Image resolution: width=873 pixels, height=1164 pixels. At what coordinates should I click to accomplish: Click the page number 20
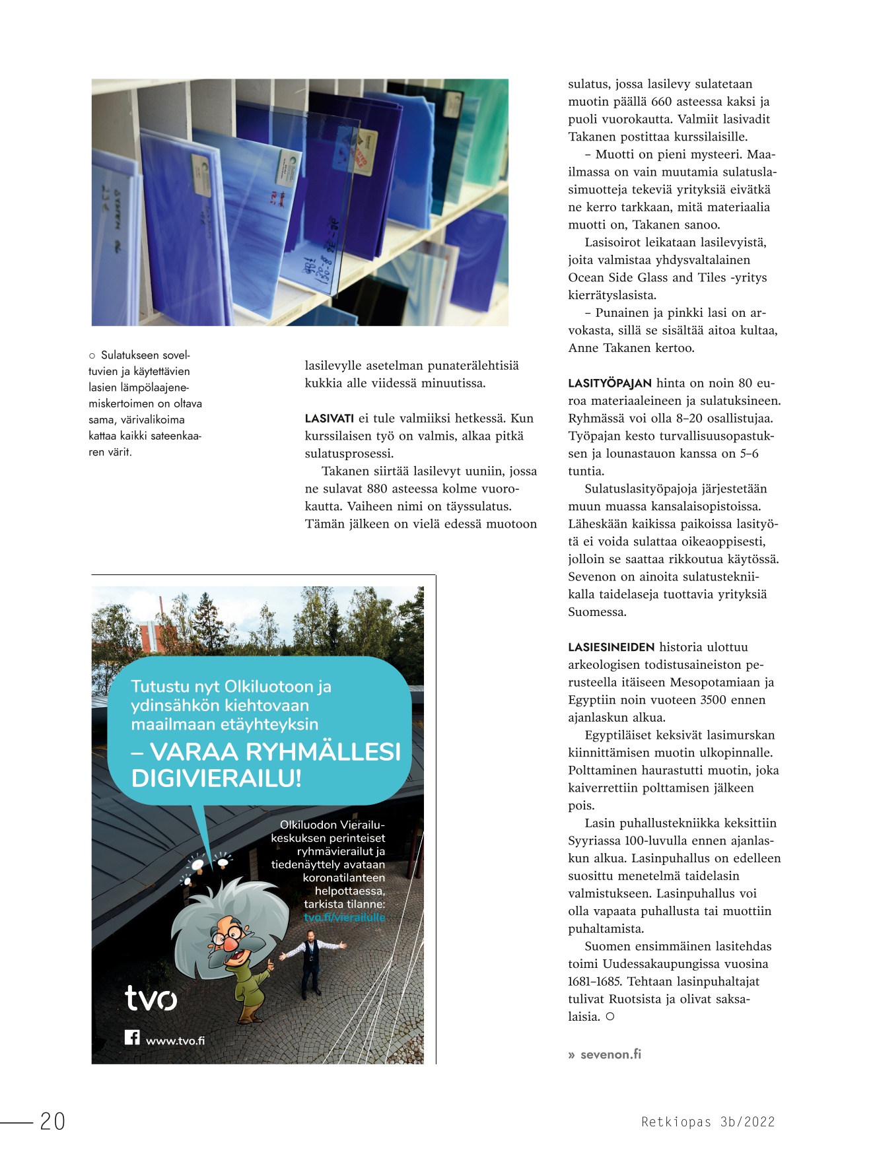[x=52, y=1121]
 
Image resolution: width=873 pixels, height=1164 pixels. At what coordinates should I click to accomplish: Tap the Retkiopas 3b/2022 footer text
[x=708, y=1122]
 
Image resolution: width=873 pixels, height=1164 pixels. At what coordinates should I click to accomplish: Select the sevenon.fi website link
[x=610, y=1054]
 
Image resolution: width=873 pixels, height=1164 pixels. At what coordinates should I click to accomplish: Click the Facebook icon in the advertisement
[x=132, y=1037]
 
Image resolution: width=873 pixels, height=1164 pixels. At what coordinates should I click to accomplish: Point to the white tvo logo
[x=151, y=998]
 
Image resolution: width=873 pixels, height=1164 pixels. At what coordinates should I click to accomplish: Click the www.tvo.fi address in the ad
[x=175, y=1041]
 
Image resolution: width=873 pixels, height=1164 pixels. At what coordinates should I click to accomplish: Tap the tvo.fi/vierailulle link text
[x=344, y=917]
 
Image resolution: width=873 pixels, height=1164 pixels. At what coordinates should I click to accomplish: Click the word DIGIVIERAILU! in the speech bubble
[x=217, y=778]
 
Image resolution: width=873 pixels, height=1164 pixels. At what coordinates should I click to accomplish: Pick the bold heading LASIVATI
[x=329, y=419]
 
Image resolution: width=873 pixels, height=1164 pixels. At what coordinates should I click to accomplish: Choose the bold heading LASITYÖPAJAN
[x=610, y=384]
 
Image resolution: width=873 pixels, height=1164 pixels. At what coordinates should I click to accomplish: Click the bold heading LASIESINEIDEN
[x=611, y=648]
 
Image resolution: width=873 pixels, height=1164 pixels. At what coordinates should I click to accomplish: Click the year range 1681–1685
[x=594, y=981]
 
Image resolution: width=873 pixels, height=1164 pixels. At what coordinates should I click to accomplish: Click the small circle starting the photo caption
[x=92, y=356]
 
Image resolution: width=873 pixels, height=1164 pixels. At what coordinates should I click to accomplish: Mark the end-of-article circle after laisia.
[x=610, y=1017]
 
